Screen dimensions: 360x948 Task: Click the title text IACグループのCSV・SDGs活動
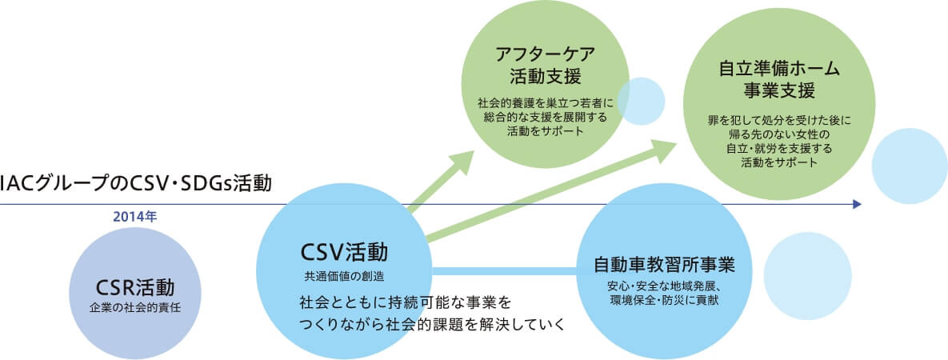[136, 183]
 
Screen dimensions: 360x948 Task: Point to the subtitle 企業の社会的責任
[134, 306]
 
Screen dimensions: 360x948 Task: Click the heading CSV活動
[343, 254]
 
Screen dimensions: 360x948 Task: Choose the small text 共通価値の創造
[343, 277]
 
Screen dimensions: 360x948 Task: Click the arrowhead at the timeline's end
[857, 205]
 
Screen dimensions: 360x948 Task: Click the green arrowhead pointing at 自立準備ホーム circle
[666, 149]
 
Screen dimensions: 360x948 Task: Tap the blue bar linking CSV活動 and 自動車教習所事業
[504, 272]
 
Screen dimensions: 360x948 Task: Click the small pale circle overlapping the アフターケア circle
[641, 101]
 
